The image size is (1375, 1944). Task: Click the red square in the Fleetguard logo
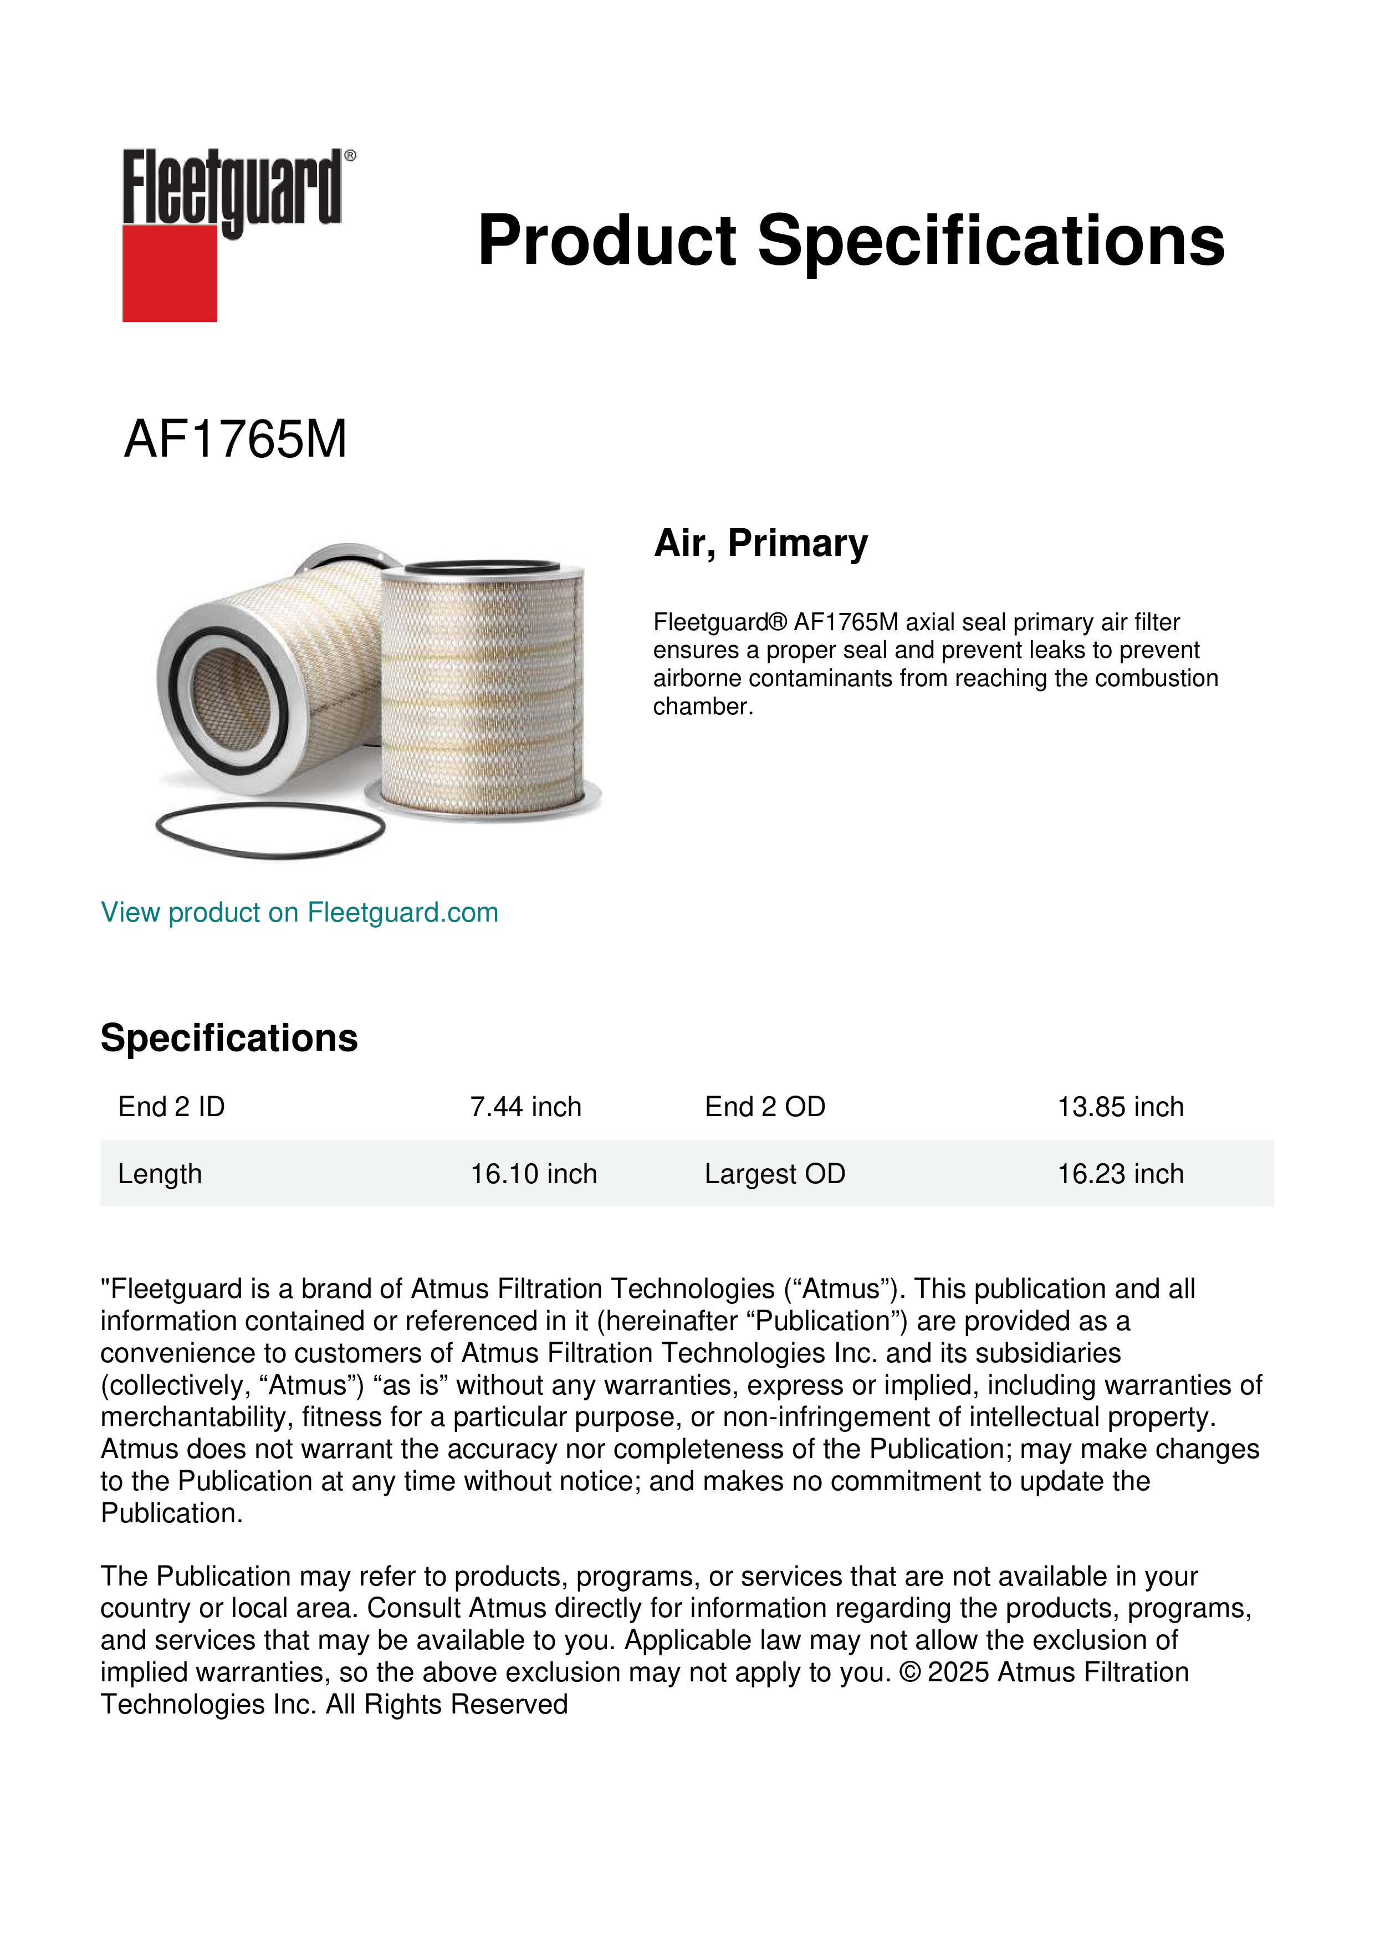pyautogui.click(x=170, y=273)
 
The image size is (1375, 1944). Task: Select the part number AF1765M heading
pyautogui.click(x=236, y=439)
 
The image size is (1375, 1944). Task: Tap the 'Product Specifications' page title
pyautogui.click(x=851, y=241)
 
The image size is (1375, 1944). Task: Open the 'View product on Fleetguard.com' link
pyautogui.click(x=299, y=913)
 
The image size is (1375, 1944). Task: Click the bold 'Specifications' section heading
pyautogui.click(x=228, y=1038)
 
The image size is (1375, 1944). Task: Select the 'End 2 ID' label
pyautogui.click(x=171, y=1107)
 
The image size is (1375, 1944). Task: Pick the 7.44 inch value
pyautogui.click(x=526, y=1107)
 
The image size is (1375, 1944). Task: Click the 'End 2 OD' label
pyautogui.click(x=765, y=1107)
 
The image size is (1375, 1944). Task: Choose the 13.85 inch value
pyautogui.click(x=1120, y=1107)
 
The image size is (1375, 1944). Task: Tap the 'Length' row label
pyautogui.click(x=160, y=1174)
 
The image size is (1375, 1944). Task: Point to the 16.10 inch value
pyautogui.click(x=533, y=1174)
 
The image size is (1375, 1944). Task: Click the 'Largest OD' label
pyautogui.click(x=775, y=1174)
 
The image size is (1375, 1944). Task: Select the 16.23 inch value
pyautogui.click(x=1120, y=1174)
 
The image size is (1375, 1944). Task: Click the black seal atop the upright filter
pyautogui.click(x=482, y=567)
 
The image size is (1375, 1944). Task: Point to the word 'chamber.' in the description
pyautogui.click(x=703, y=707)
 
